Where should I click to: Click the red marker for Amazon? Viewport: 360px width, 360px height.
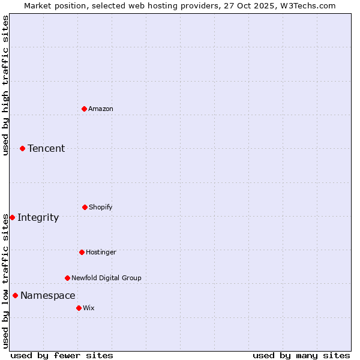tap(84, 109)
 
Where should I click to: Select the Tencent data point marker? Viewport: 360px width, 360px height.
tap(22, 148)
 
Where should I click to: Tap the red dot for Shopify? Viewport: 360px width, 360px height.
tap(85, 207)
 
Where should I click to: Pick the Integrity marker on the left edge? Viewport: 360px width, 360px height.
tap(12, 217)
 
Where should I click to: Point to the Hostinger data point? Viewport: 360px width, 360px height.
tap(82, 252)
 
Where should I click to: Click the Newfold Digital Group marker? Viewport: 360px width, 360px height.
tap(67, 278)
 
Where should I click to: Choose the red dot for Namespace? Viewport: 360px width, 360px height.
tap(15, 295)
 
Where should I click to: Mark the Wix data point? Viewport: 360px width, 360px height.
tap(79, 308)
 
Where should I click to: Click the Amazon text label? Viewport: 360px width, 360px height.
tap(101, 109)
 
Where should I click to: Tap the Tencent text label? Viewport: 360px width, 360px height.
tap(46, 148)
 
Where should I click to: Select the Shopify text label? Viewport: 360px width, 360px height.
tap(101, 207)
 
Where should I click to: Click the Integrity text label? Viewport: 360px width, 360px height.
tap(38, 217)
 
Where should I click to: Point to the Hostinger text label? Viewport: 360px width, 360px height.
tap(101, 252)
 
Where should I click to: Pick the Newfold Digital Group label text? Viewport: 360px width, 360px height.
tap(107, 278)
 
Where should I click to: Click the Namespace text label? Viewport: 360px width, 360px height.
tap(48, 295)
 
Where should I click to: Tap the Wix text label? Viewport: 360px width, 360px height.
tap(89, 308)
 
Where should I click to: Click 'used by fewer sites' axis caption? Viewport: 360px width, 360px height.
tap(62, 355)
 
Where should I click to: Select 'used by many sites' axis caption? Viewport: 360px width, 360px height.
tap(301, 355)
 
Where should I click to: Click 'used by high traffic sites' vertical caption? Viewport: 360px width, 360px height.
tap(5, 85)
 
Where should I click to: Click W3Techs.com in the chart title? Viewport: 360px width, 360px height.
tap(307, 5)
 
